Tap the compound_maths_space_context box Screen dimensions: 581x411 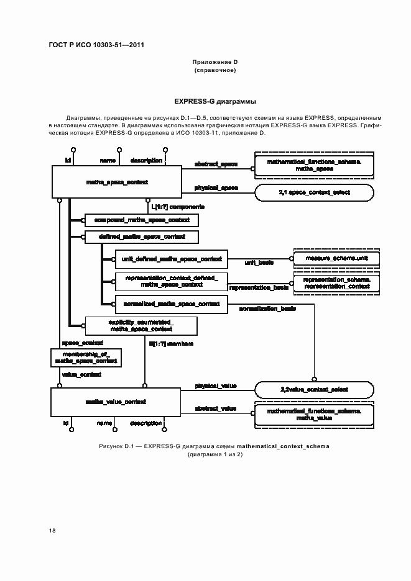coord(142,220)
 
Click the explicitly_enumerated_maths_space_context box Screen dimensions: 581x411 coord(141,326)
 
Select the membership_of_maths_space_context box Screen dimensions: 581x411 coord(85,357)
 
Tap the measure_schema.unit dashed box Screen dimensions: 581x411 coord(336,258)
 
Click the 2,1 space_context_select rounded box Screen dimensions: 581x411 coord(314,193)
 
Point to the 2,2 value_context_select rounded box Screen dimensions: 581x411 coord(314,389)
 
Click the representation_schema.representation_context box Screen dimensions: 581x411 coord(336,283)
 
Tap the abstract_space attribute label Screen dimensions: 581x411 coord(216,164)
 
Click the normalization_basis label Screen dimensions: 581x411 coord(267,309)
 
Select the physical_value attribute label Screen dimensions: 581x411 coord(216,385)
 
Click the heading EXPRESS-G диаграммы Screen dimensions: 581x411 coord(215,101)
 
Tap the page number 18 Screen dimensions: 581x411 coord(52,530)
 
